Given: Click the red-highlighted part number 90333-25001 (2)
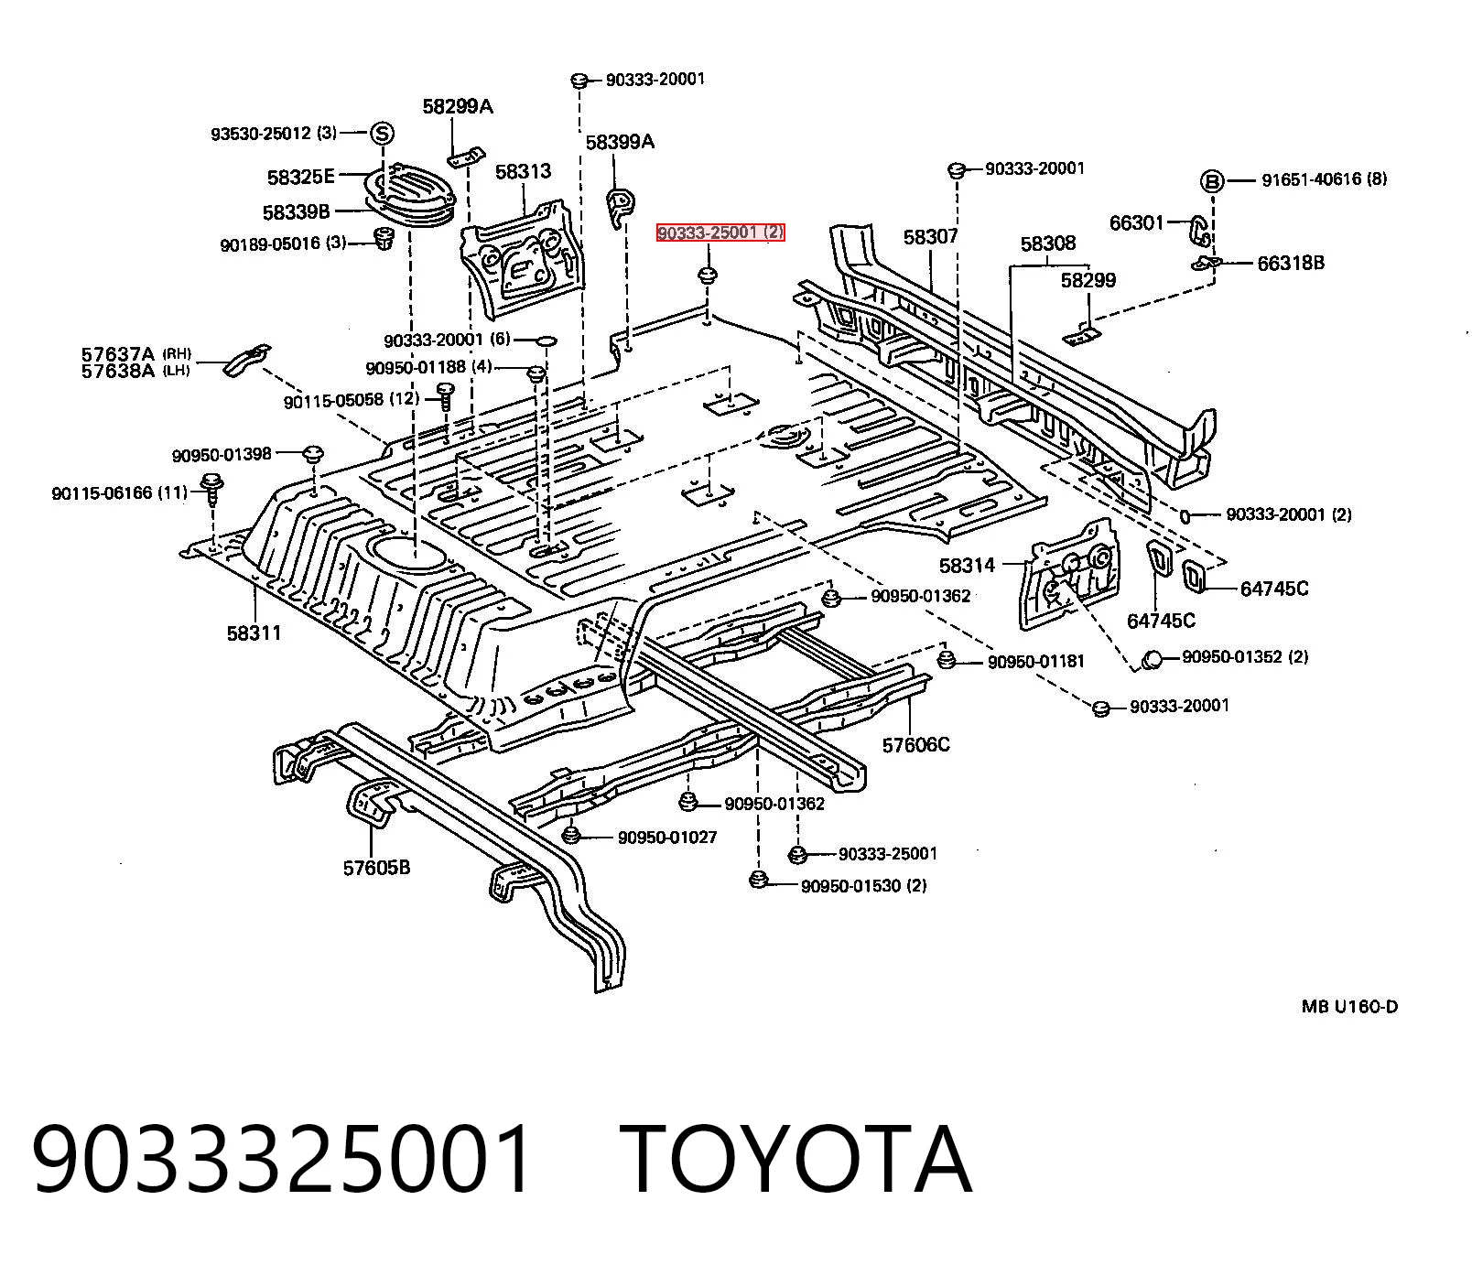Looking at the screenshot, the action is [x=720, y=233].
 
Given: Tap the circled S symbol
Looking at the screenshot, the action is [x=382, y=134].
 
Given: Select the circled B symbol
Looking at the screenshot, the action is [x=1211, y=181].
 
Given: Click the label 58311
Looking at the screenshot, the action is [x=254, y=632].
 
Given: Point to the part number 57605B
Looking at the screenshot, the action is [x=376, y=867].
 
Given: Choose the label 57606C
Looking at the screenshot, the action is [x=915, y=745].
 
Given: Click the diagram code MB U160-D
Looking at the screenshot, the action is [x=1349, y=1007].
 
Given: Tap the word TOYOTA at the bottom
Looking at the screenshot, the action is [x=796, y=1160].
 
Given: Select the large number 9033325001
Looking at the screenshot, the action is [x=283, y=1160].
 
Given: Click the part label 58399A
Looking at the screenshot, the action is [x=620, y=142].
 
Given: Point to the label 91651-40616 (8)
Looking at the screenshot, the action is [x=1324, y=180].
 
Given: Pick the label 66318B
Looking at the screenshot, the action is [x=1291, y=264].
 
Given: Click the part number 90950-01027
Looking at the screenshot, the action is [x=667, y=838].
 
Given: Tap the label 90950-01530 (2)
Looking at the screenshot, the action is [x=863, y=886].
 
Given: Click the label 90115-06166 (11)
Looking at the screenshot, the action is [x=119, y=493].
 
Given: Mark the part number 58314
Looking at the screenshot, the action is [x=967, y=567].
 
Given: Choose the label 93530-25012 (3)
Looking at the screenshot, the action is [x=274, y=134].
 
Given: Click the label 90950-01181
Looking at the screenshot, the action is [x=1036, y=661].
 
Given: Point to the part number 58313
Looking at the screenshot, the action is [x=523, y=171].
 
